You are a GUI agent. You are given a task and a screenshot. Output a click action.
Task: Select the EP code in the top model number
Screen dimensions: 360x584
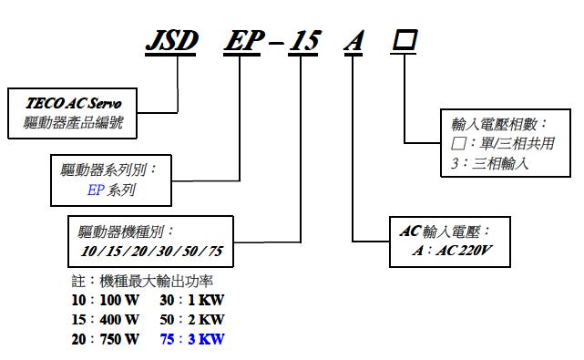click(x=245, y=42)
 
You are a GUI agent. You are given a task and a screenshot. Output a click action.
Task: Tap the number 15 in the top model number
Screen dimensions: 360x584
click(x=304, y=42)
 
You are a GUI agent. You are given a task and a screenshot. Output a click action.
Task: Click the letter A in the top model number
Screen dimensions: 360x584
click(x=353, y=42)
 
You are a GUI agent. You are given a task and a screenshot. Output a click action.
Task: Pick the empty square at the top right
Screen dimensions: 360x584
click(x=405, y=42)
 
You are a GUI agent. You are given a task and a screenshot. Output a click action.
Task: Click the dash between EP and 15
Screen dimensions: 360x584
click(x=275, y=44)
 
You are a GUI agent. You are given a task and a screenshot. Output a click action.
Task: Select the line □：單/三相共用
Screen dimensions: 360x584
click(x=503, y=144)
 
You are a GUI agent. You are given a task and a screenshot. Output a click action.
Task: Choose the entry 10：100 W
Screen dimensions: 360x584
click(x=107, y=300)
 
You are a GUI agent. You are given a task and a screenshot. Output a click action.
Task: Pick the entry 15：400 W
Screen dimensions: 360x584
click(x=107, y=319)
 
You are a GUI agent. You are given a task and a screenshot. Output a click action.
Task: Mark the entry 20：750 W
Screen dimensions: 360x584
click(x=107, y=339)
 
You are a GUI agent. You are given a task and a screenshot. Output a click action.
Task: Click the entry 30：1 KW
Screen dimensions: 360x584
click(x=190, y=300)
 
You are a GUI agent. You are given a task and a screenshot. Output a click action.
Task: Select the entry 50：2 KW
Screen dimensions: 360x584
click(x=190, y=319)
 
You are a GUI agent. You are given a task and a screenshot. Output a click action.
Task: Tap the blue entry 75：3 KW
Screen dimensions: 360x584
click(x=190, y=339)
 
